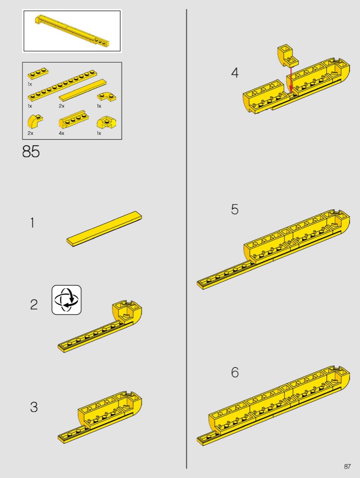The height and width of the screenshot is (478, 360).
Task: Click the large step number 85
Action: tap(31, 151)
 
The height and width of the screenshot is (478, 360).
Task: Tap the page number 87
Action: tap(347, 467)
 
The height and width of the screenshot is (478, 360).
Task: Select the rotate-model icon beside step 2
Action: tap(67, 300)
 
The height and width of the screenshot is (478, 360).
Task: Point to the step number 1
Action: tap(32, 223)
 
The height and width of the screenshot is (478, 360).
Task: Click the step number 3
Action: tap(34, 407)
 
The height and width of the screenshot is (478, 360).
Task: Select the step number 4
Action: tap(235, 73)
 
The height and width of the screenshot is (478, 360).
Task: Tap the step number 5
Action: tap(235, 209)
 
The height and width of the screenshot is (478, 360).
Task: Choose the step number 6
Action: tap(235, 372)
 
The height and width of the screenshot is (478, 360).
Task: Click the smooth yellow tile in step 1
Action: tap(104, 229)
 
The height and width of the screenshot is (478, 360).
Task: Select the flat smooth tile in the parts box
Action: tap(82, 90)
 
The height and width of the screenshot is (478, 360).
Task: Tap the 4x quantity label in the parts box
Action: tap(62, 133)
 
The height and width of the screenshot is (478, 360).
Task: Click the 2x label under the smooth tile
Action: tap(62, 106)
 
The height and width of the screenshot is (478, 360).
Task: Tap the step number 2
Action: tap(34, 305)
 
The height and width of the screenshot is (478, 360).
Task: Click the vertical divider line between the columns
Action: tap(186, 239)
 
